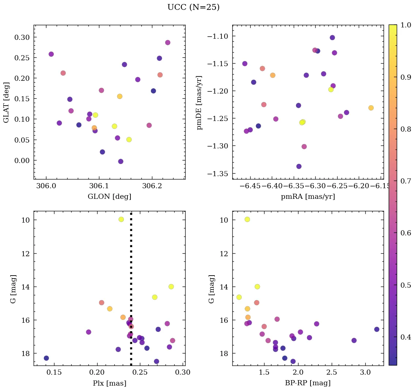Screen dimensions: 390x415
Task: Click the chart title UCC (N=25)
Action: (x=193, y=7)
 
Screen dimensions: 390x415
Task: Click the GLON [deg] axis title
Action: (x=109, y=197)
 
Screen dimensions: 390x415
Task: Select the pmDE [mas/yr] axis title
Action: (x=199, y=103)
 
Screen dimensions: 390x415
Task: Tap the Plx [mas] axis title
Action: (x=109, y=383)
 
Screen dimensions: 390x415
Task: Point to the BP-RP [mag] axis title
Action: (x=308, y=383)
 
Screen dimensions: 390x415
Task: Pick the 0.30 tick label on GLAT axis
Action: (x=22, y=37)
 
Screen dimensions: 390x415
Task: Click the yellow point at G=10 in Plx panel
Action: (x=121, y=219)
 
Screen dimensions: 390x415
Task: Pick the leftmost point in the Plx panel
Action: (x=46, y=358)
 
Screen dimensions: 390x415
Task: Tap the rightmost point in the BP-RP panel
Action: (x=377, y=329)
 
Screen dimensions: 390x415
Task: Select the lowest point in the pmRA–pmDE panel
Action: (x=299, y=166)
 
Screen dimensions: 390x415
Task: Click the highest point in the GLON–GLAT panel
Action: (x=168, y=42)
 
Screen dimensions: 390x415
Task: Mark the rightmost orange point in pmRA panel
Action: (x=371, y=108)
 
